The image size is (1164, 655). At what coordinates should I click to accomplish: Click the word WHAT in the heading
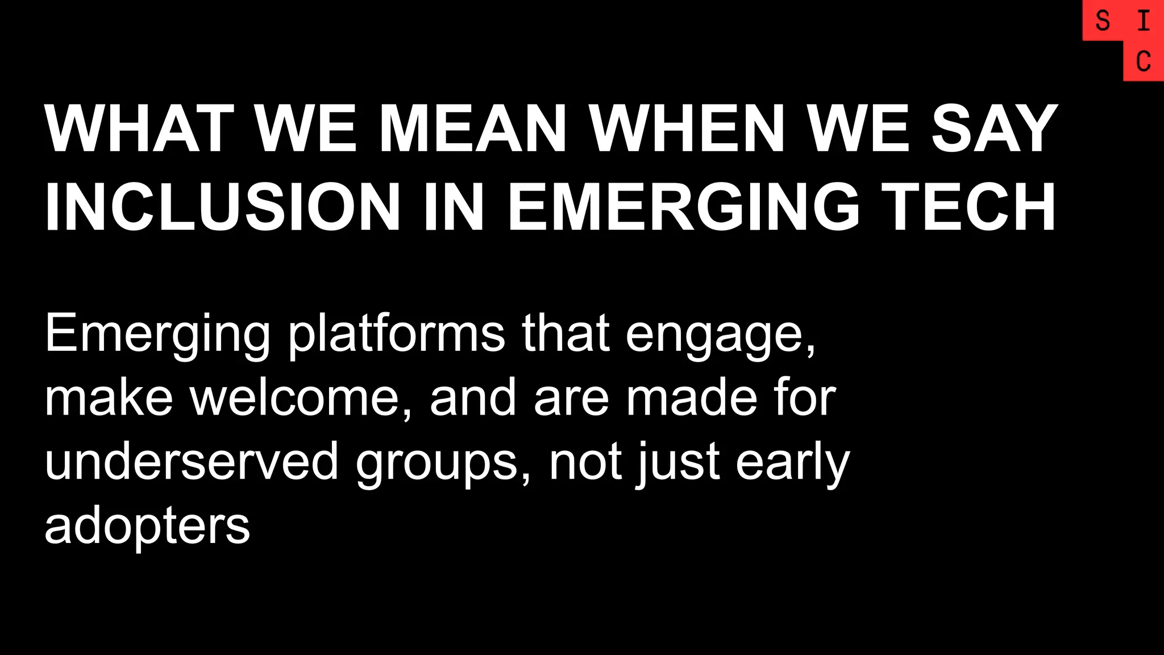139,129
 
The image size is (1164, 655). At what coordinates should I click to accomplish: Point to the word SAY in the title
995,129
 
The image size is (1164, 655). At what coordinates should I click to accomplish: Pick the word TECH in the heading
968,208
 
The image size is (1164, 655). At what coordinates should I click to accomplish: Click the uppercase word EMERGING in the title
683,208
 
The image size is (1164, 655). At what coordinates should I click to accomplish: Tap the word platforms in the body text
396,334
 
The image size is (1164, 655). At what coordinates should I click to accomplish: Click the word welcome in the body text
293,398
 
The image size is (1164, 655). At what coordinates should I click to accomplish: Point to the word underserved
192,462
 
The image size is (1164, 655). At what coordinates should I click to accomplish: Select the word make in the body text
109,398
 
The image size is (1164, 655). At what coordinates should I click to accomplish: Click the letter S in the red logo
1103,22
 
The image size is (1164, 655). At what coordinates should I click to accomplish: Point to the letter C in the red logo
1144,61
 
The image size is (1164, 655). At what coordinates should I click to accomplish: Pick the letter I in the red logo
1144,22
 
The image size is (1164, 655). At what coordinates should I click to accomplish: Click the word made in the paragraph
691,398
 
